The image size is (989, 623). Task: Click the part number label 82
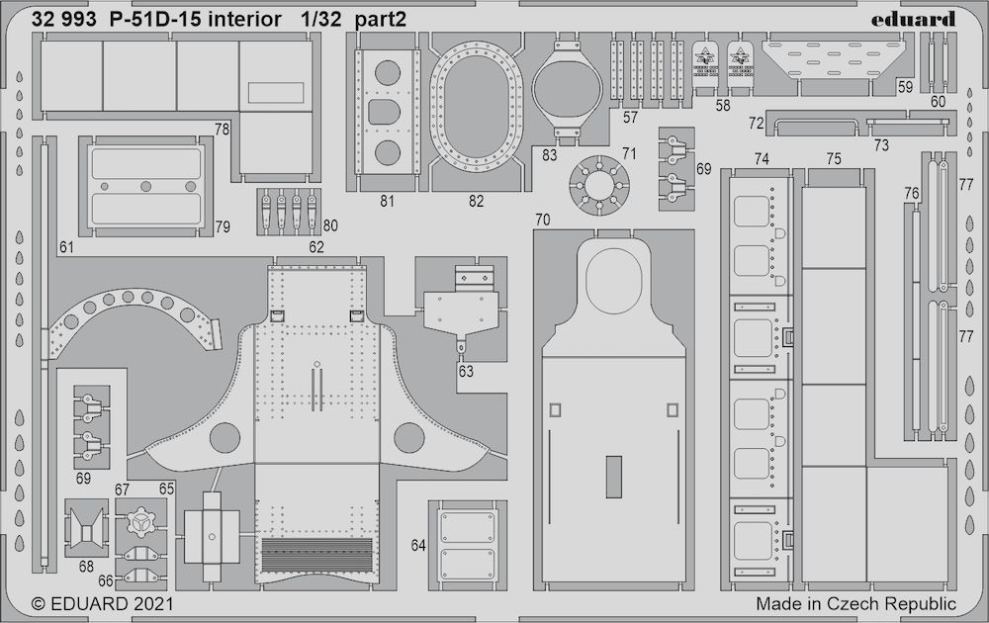point(477,201)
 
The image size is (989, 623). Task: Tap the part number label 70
point(542,219)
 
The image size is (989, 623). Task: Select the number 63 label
point(466,372)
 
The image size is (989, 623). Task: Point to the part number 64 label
point(418,545)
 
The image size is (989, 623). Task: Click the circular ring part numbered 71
point(600,185)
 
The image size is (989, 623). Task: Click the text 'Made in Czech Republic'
point(856,603)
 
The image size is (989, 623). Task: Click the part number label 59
point(905,87)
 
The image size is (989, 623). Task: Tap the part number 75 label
point(834,158)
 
